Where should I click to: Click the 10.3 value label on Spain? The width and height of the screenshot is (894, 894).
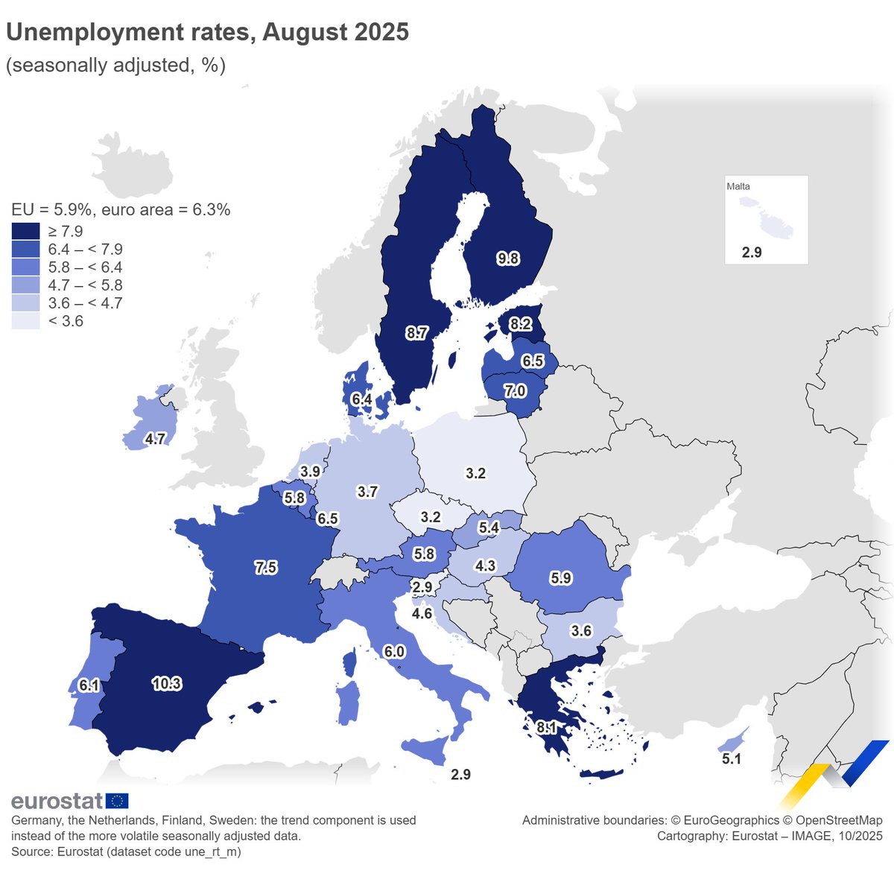pos(166,683)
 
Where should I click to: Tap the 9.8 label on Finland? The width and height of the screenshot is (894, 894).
pos(508,259)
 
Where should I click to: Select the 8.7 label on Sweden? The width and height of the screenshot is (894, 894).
pos(416,333)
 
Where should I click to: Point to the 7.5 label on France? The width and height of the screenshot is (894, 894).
pos(265,568)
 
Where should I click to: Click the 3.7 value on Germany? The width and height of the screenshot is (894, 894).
pos(367,492)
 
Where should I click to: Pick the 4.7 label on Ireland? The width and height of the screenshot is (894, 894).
pos(155,439)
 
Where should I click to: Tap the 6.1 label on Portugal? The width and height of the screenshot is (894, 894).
pos(89,685)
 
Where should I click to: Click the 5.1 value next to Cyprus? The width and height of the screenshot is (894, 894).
pos(732,759)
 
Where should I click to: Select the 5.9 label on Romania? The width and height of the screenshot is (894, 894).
pos(560,577)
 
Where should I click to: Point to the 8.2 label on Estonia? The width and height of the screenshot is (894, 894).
pos(519,324)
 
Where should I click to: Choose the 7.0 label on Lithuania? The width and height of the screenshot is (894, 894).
pos(515,391)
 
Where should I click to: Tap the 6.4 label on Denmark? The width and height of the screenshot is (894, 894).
pos(362,399)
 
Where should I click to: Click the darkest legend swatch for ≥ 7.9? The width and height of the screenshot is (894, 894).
pos(25,231)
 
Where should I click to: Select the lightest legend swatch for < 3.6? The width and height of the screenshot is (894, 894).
pos(25,321)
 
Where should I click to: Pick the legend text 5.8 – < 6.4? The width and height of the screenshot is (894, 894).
pos(85,267)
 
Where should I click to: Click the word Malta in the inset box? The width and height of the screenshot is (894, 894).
pos(738,186)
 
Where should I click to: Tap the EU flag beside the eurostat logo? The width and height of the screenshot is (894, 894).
pos(117,801)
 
